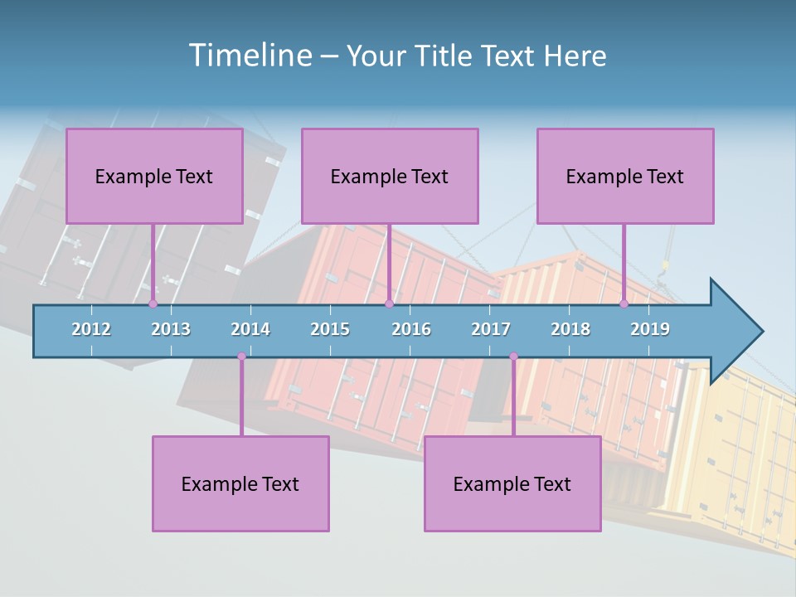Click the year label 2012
click(91, 329)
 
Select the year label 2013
click(171, 329)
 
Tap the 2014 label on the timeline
click(250, 329)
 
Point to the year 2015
click(330, 329)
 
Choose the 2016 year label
click(411, 329)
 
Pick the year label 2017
click(491, 329)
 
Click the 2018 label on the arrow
click(570, 329)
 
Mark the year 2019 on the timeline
click(650, 329)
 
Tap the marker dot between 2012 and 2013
click(153, 303)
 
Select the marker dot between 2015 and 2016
click(389, 303)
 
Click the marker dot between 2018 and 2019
click(624, 303)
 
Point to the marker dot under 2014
click(241, 357)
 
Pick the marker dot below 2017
click(513, 357)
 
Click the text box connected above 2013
click(154, 176)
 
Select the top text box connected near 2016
click(390, 176)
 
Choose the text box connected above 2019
click(625, 176)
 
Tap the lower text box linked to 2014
click(240, 483)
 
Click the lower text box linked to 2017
click(512, 483)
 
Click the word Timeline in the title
click(249, 55)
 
